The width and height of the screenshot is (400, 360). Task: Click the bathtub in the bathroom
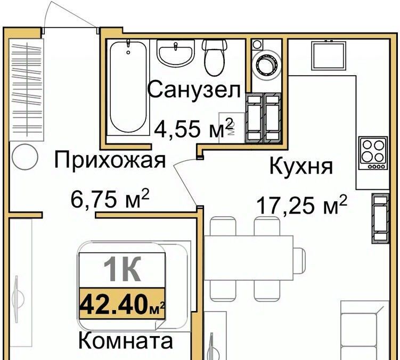128,87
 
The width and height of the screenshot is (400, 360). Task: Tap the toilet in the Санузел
215,58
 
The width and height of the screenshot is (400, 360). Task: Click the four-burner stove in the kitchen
373,153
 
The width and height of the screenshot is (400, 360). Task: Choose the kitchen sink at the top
329,55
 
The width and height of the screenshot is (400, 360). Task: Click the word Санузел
194,89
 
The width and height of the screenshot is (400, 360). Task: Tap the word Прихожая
110,160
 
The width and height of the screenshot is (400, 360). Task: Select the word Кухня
301,166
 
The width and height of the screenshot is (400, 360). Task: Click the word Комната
126,341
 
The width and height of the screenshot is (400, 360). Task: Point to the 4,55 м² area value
194,127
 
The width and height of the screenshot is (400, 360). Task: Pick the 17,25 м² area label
302,204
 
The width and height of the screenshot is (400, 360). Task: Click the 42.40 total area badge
122,304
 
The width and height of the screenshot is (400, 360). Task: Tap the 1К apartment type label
122,269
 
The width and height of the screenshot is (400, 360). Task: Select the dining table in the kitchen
249,258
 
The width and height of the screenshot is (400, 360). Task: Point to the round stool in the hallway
25,157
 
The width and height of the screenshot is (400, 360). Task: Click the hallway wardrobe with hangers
26,89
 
